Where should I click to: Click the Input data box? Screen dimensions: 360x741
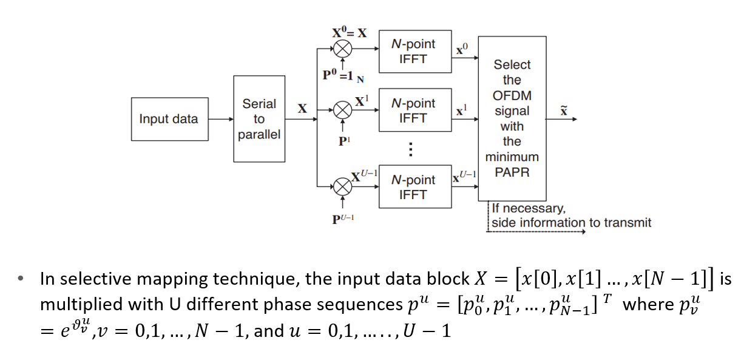[x=169, y=119]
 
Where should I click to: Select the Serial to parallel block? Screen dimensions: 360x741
[x=259, y=119]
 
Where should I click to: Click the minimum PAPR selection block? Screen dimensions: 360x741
[x=512, y=118]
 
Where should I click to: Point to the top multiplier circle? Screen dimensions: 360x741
[x=343, y=47]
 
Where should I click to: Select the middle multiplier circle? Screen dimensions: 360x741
[x=343, y=110]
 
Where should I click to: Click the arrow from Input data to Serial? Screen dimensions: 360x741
[x=220, y=119]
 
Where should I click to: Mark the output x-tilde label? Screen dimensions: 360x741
[x=564, y=110]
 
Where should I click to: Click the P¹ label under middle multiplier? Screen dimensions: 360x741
[x=344, y=141]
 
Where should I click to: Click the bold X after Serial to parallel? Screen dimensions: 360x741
[x=302, y=109]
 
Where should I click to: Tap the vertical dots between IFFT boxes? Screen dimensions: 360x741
[x=411, y=149]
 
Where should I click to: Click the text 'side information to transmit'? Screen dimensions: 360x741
[x=571, y=223]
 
